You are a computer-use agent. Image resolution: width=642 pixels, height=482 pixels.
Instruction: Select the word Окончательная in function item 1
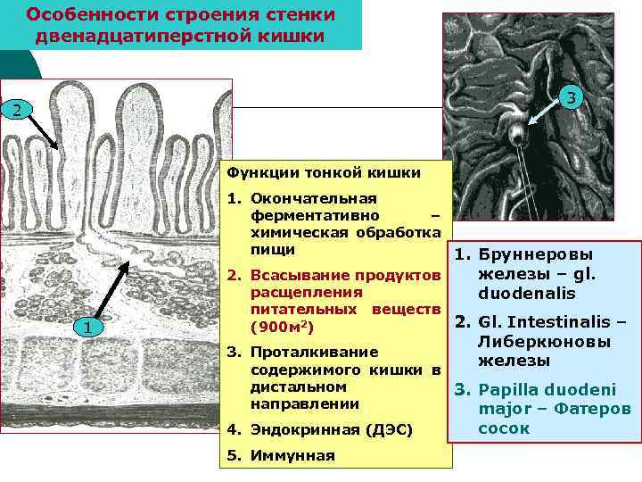(314, 197)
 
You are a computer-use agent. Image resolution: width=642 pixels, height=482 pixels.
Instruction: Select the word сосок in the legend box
(504, 428)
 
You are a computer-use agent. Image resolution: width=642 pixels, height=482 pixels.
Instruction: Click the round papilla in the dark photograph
(516, 135)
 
